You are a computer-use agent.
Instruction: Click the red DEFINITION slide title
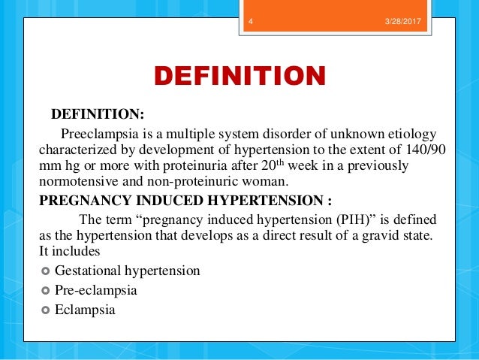click(239, 77)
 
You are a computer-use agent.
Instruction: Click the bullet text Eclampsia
click(85, 308)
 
